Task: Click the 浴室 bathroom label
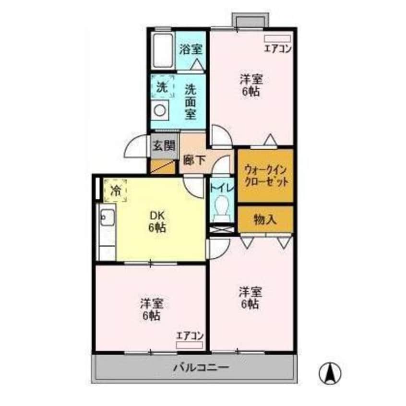[x=191, y=49]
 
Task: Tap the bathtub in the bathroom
[x=162, y=51]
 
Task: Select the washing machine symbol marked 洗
[x=162, y=88]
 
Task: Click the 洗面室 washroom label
[x=191, y=101]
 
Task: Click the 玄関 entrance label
[x=164, y=145]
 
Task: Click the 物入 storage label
[x=265, y=220]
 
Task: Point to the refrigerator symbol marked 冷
[x=115, y=190]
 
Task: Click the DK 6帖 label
[x=156, y=222]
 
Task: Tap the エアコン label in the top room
[x=278, y=48]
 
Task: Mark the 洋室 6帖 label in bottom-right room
[x=250, y=297]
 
